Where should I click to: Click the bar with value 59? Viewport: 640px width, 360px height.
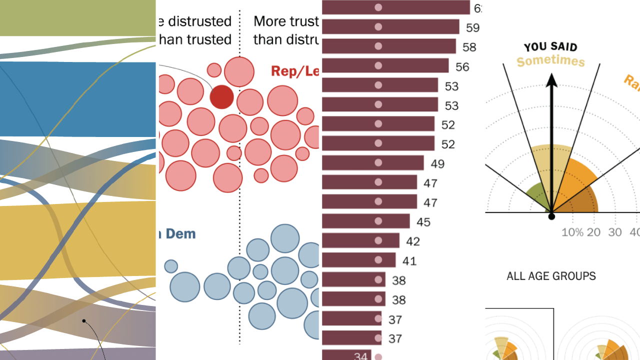point(390,26)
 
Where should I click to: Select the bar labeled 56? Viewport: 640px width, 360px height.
point(385,65)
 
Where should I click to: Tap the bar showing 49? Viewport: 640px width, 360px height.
point(372,163)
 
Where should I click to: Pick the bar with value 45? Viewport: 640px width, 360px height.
point(365,221)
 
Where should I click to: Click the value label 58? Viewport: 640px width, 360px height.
point(469,47)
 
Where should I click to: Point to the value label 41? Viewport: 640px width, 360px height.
point(409,261)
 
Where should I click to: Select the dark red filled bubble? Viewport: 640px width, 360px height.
point(221,96)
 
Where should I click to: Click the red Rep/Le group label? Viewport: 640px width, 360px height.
point(294,71)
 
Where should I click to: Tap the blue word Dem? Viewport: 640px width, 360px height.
point(180,234)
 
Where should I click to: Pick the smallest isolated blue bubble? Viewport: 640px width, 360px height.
point(171,266)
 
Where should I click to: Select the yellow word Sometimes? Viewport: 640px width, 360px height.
point(550,62)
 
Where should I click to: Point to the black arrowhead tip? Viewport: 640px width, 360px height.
point(551,75)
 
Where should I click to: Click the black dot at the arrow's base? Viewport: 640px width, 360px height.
point(551,216)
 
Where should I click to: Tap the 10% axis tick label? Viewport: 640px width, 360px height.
point(572,232)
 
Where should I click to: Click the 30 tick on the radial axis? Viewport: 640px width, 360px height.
point(614,232)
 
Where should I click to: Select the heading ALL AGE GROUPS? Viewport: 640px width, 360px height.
point(551,276)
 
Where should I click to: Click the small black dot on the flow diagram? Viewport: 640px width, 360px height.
point(84,321)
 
